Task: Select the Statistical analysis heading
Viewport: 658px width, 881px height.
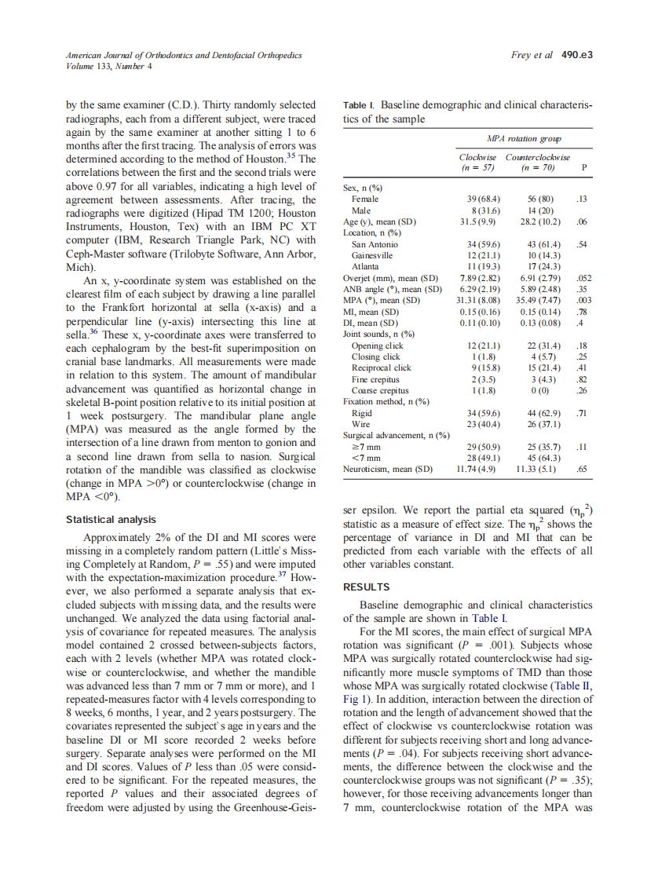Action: pos(111,519)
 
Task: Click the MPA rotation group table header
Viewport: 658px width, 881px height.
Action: pos(514,138)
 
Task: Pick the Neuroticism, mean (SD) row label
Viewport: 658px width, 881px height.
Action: pos(388,469)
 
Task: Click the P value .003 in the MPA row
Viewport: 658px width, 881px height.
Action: pos(583,300)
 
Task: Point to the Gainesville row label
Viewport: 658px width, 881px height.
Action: pos(372,255)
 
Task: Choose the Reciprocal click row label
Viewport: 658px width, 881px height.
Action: pos(381,367)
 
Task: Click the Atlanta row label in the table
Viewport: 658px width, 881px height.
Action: pos(365,266)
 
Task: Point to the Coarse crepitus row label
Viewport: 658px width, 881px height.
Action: pos(380,390)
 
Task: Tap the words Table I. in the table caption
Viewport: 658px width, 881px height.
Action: pos(360,104)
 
